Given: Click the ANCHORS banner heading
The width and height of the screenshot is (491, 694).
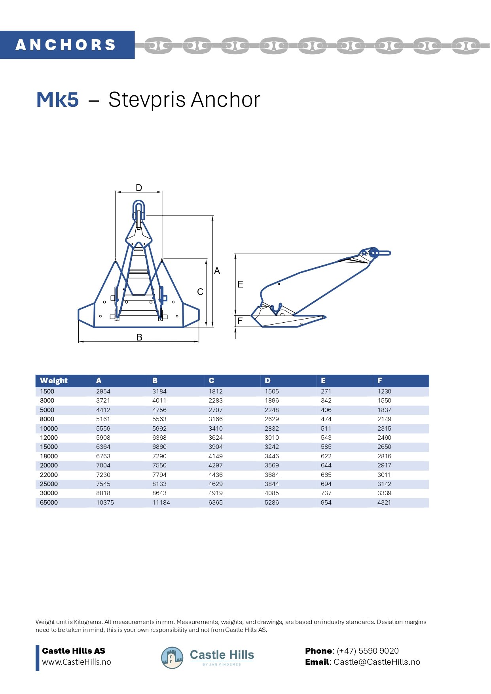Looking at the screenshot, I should tap(66, 45).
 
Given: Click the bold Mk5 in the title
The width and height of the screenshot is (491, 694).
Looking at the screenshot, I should tap(57, 99).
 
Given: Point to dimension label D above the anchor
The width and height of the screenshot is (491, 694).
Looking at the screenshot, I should tap(139, 188).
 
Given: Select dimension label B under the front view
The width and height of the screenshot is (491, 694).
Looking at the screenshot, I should tap(139, 337).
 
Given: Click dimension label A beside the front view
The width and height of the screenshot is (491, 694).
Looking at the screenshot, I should tap(217, 271).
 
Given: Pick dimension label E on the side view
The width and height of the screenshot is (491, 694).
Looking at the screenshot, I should tap(240, 284).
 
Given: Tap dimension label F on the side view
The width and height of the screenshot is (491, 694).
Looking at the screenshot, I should tap(240, 321).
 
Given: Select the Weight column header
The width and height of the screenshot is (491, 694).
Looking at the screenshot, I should tap(54, 380).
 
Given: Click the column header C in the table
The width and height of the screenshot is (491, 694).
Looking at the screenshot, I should tap(211, 380).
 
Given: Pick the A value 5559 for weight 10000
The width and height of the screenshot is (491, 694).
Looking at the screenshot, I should tap(103, 428).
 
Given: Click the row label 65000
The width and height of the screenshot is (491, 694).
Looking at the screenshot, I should tap(49, 502).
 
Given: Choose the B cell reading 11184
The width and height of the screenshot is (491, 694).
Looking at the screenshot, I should tap(161, 502).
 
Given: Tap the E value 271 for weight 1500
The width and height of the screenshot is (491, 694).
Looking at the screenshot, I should tap(326, 391).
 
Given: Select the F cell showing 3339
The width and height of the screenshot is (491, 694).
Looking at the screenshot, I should tap(384, 493).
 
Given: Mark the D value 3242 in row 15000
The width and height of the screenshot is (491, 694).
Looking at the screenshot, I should tap(272, 447).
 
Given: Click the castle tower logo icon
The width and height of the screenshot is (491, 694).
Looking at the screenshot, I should tap(172, 658).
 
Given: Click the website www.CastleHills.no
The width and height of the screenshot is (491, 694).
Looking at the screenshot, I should tap(76, 662).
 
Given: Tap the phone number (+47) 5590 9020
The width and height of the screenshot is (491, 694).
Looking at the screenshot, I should tap(368, 651).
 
